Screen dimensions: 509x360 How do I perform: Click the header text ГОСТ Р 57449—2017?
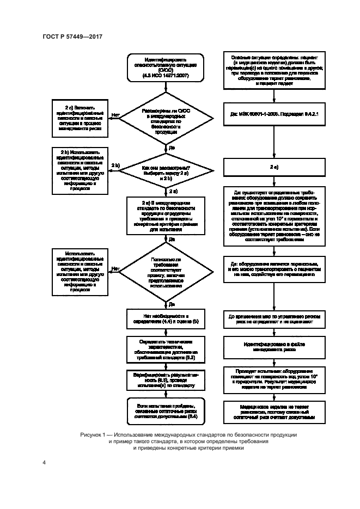pyautogui.click(x=72, y=36)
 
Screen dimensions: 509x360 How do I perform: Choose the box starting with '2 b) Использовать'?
pyautogui.click(x=80, y=170)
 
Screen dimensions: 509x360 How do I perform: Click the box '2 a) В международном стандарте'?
pyautogui.click(x=165, y=216)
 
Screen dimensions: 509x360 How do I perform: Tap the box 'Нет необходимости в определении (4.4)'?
pyautogui.click(x=165, y=319)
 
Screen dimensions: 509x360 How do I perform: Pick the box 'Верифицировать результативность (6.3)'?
pyautogui.click(x=165, y=379)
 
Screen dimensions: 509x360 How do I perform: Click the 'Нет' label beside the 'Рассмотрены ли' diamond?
pyautogui.click(x=115, y=115)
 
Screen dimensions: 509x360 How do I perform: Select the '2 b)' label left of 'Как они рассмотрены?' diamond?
pyautogui.click(x=115, y=165)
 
